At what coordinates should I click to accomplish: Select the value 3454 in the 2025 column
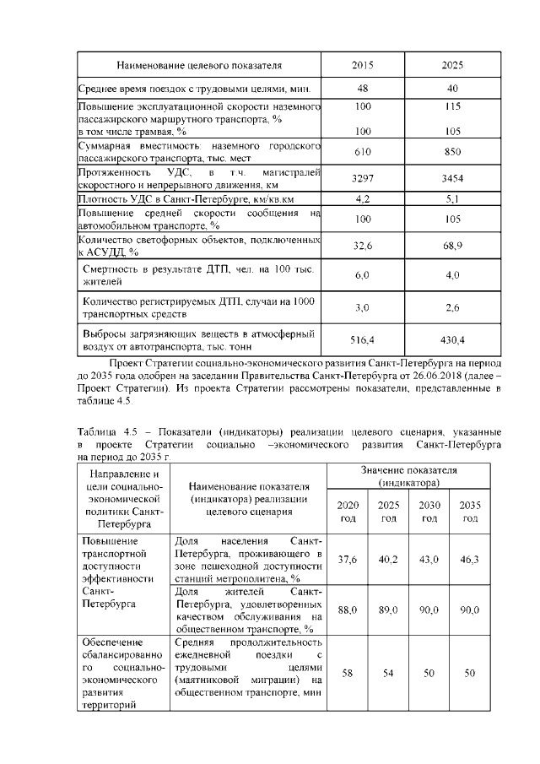(452, 179)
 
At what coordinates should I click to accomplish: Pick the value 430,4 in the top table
(452, 339)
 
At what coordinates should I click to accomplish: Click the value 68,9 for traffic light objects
(452, 245)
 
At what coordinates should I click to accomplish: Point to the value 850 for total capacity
(452, 151)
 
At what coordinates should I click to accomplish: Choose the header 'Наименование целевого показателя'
(199, 65)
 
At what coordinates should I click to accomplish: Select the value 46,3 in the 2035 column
(470, 560)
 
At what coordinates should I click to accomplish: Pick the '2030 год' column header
(429, 511)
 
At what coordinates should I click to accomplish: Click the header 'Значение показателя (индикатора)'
(408, 475)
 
